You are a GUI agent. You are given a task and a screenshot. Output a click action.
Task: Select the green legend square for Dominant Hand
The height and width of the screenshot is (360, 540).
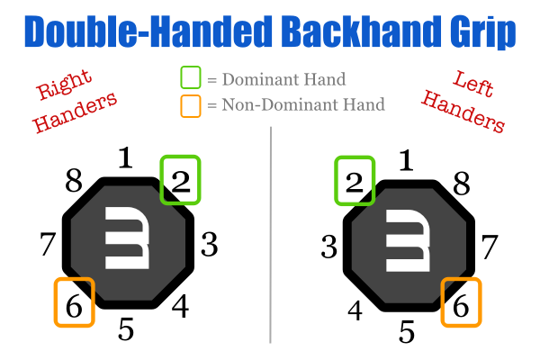[190, 80]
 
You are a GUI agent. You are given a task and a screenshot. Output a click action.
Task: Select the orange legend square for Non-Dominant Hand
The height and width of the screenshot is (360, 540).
[190, 104]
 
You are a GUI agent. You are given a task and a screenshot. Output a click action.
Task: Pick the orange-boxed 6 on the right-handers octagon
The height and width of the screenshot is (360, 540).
[74, 302]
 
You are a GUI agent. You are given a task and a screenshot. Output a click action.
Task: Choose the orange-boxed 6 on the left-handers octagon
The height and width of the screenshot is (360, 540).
[461, 302]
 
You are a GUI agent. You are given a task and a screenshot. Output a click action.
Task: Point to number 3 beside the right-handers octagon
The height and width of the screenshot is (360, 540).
[210, 243]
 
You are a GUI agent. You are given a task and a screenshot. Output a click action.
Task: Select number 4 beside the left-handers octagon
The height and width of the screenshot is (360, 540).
[354, 310]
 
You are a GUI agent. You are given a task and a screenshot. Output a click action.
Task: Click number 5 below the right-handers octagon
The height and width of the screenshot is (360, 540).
[126, 329]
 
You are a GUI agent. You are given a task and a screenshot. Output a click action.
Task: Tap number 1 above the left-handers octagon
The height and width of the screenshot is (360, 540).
[407, 160]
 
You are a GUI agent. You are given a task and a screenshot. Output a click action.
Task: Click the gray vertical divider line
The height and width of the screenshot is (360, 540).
[270, 234]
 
